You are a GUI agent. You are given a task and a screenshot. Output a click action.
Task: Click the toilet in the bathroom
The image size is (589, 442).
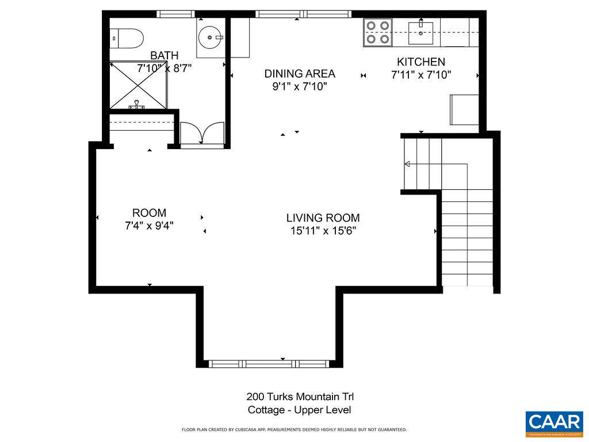pos(126,39)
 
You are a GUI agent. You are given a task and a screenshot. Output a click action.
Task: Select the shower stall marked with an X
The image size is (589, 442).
pos(137,85)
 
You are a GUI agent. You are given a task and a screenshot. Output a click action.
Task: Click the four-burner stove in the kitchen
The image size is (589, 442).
pos(378,32)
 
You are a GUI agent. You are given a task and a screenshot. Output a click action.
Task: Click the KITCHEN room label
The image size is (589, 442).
pos(421,62)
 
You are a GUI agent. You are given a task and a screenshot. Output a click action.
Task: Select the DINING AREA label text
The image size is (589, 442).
pos(300,74)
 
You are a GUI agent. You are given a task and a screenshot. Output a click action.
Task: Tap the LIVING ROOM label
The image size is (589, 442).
pos(323,218)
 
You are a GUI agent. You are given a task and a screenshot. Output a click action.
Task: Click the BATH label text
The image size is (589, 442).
pos(165,55)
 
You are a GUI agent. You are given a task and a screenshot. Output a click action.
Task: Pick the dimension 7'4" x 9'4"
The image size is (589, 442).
pos(150,226)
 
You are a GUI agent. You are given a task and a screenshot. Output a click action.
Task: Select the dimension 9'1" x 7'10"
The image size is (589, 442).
pos(300,87)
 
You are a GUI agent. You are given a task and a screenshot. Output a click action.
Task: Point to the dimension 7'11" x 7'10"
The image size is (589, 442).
pos(421,75)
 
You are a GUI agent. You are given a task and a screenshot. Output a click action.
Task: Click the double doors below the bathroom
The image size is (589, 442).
pos(201,134)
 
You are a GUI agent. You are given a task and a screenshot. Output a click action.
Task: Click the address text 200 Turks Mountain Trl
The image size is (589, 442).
pos(300,397)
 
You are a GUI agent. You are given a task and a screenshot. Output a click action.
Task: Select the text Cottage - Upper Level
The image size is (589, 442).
pos(300,410)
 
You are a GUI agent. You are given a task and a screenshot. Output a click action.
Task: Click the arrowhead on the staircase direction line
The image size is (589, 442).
pos(407,165)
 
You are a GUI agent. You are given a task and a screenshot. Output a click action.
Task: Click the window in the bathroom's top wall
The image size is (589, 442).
pos(176,14)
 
